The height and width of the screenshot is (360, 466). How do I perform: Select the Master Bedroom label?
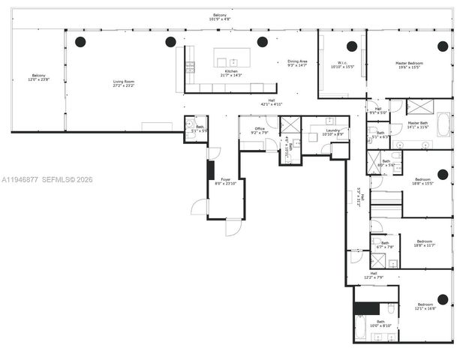pyautogui.click(x=410, y=65)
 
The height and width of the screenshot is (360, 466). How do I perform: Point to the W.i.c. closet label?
pyautogui.click(x=341, y=65)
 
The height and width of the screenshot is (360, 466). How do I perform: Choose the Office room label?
pyautogui.click(x=260, y=130)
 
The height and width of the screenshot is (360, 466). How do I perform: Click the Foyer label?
pyautogui.click(x=226, y=181)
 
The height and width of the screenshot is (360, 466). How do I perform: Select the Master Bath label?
pyautogui.click(x=418, y=124)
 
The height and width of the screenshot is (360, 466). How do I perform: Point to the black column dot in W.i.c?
pyautogui.click(x=351, y=46)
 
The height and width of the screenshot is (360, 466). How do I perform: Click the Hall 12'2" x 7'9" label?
pyautogui.click(x=373, y=275)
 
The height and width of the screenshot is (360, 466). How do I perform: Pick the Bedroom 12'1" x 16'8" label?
pyautogui.click(x=425, y=306)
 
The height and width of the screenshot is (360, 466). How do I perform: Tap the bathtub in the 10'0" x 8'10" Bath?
pyautogui.click(x=362, y=328)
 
